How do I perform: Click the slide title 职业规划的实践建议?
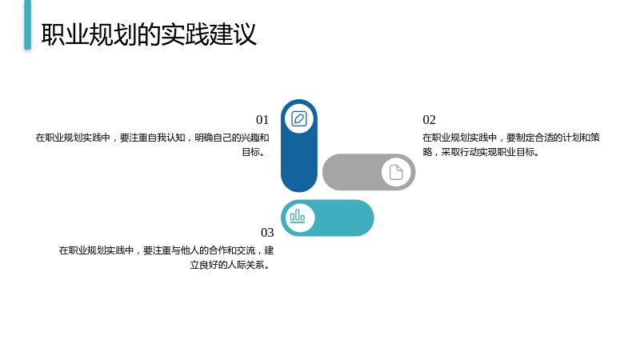coord(149,34)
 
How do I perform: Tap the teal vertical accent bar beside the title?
coord(28,25)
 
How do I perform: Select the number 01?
coord(262,119)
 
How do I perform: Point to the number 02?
coord(430,119)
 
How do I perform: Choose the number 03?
coord(267,232)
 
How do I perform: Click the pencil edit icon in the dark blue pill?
coord(299,118)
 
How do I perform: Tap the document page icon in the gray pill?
coord(396,172)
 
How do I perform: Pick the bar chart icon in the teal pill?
coord(298,216)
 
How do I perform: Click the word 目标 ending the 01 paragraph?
coord(251,152)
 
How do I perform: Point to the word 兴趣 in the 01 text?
coord(250,138)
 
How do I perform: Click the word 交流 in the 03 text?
coord(246,250)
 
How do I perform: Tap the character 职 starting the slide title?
coord(53,34)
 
